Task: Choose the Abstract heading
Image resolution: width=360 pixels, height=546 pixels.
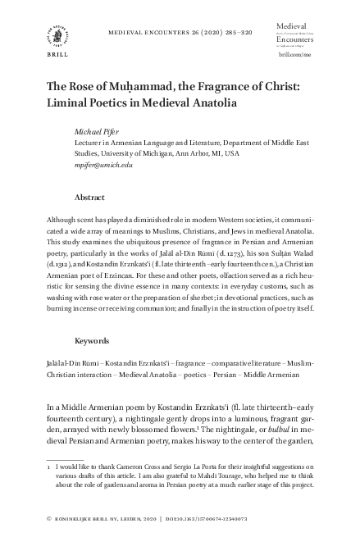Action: [89, 198]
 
